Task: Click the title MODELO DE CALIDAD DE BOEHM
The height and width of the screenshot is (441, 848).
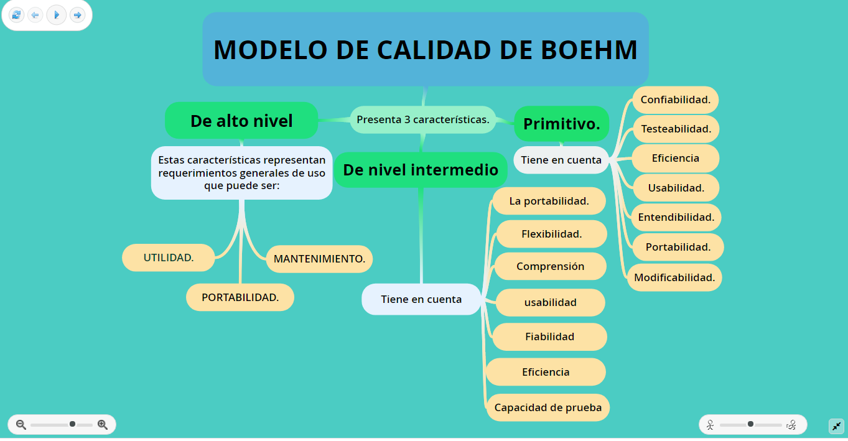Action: pos(426,50)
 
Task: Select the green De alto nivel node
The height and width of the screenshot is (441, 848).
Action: pos(241,121)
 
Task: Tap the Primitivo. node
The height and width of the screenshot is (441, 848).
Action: pos(561,124)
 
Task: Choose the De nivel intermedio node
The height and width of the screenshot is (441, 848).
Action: pos(421,170)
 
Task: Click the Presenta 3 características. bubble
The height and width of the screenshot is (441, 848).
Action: pos(422,119)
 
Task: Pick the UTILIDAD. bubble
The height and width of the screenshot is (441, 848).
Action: pos(169,258)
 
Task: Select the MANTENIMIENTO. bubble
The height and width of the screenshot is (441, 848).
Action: pos(319,259)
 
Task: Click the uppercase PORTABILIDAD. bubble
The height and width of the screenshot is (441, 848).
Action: pos(240,297)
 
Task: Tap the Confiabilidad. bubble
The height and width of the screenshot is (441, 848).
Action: pos(675,100)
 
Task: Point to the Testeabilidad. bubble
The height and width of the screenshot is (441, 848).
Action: pos(676,129)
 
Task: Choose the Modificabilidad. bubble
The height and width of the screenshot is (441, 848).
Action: pos(674,277)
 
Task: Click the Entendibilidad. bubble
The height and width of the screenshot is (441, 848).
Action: pos(676,217)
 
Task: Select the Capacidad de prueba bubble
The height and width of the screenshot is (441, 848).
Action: pos(548,408)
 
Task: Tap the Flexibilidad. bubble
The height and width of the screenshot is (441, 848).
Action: pos(551,234)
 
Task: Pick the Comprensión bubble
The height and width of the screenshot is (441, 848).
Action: pos(550,266)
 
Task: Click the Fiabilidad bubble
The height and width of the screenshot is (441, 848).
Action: pos(549,337)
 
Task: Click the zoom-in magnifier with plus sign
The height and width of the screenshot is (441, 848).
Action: pos(103,425)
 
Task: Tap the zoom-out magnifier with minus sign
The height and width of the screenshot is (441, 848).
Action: pos(21,425)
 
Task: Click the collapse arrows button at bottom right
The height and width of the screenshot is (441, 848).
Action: pos(836,426)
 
